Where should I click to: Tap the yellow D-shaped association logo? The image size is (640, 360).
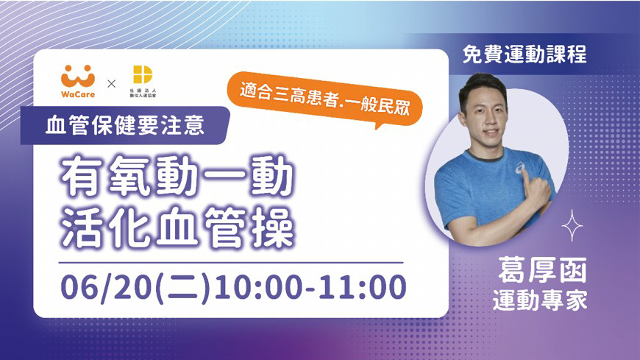click(143, 75)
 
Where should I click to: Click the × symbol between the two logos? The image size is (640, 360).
click(111, 84)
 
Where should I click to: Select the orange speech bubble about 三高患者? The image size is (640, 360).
click(325, 99)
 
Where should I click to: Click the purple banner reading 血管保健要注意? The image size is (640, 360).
click(125, 125)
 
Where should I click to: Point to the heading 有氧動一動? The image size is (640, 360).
click(177, 177)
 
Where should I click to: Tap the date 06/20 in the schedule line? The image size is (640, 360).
click(106, 287)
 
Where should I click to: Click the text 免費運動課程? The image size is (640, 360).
click(525, 54)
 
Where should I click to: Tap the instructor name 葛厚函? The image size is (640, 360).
click(542, 270)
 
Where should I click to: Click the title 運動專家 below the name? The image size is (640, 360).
click(540, 301)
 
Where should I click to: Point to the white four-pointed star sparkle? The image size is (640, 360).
click(572, 225)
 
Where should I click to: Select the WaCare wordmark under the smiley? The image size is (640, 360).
click(78, 94)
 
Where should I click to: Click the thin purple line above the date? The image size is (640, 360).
click(230, 263)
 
